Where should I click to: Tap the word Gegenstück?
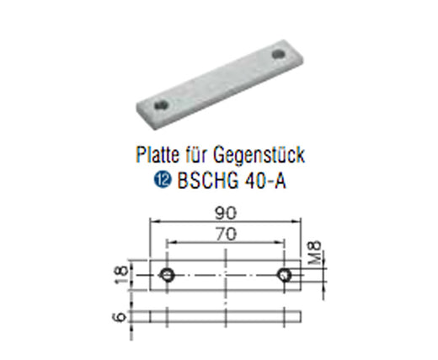click(259, 155)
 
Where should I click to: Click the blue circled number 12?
click(163, 180)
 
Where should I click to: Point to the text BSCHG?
click(208, 180)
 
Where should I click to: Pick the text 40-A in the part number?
click(265, 180)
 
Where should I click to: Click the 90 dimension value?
click(226, 213)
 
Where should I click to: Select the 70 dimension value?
click(226, 234)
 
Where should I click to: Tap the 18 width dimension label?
click(122, 275)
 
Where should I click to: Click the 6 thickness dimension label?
click(120, 317)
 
